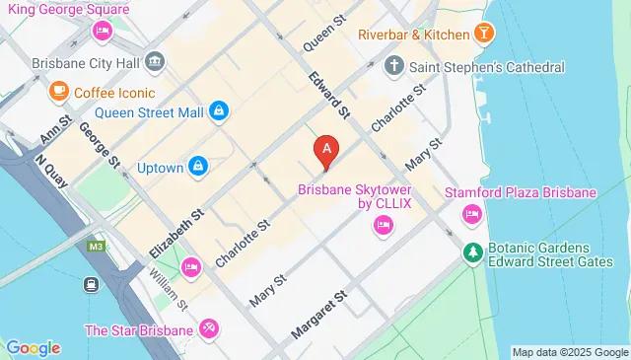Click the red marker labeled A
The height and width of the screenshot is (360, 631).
[x=327, y=151]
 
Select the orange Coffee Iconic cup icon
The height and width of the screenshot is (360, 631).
[x=57, y=92]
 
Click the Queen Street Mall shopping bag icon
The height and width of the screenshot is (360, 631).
[x=221, y=112]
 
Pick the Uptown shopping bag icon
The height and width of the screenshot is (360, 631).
[x=198, y=167]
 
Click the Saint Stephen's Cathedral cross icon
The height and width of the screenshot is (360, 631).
[x=394, y=67]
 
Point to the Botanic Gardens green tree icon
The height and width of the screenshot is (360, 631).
[x=473, y=253]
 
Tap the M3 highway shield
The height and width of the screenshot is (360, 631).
[x=96, y=246]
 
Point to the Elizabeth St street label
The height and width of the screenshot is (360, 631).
[x=177, y=230]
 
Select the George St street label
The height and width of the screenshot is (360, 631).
[x=100, y=144]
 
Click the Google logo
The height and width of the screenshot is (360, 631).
[x=34, y=347]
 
